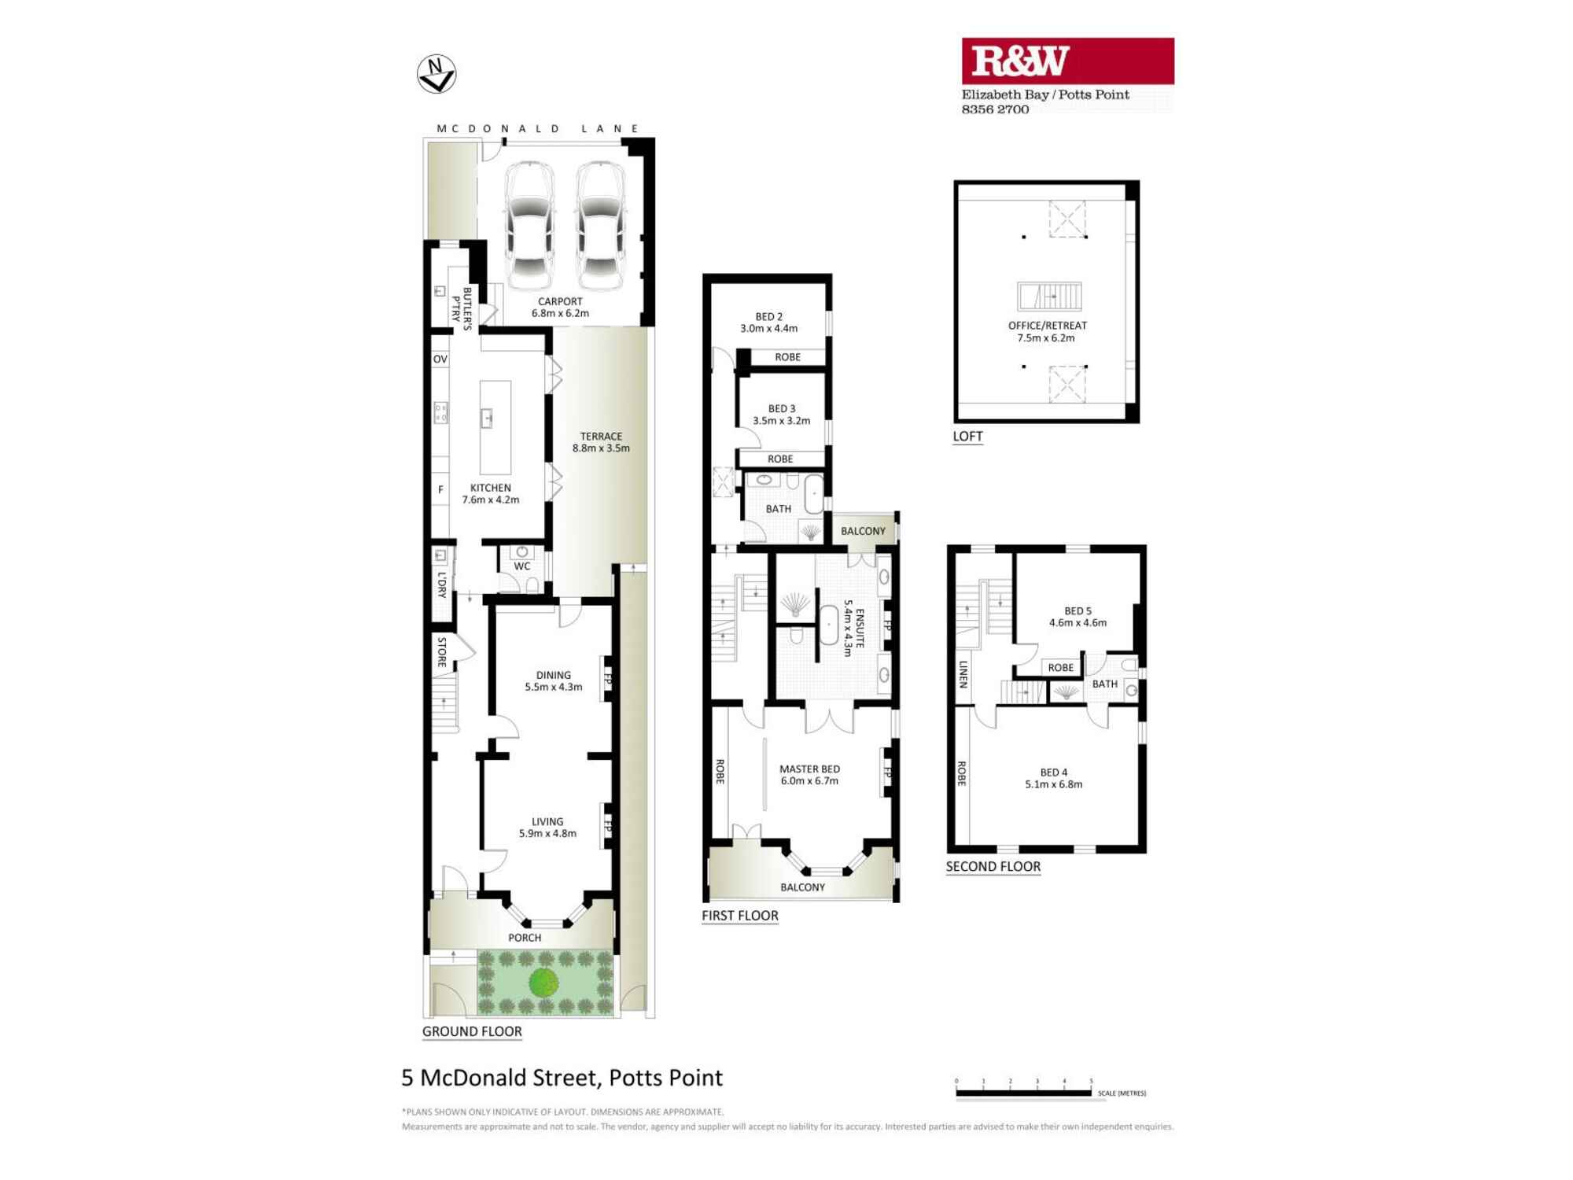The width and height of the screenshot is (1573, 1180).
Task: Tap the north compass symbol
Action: point(437,74)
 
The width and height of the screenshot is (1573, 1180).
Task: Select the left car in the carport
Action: point(529,226)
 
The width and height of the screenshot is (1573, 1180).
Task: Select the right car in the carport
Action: point(602,226)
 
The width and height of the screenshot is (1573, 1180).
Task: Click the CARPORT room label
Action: point(560,302)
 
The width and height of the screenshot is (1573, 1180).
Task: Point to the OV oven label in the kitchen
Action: point(440,360)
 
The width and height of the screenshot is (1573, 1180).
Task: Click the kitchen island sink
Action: point(487,419)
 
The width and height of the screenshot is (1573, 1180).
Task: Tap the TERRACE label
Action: point(601,437)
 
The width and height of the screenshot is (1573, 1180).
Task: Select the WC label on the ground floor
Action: point(522,566)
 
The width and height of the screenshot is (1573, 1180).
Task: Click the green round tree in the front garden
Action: point(543,982)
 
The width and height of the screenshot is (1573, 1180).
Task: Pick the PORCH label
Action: point(525,938)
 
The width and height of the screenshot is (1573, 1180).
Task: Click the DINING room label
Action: point(554,675)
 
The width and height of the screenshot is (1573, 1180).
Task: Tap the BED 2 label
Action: point(768,317)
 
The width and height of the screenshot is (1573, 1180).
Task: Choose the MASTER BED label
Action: point(809,769)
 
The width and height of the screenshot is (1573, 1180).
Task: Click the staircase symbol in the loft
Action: point(1049,297)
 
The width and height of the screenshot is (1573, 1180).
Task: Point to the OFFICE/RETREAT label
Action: point(1047,326)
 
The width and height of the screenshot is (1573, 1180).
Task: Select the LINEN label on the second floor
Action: point(963,674)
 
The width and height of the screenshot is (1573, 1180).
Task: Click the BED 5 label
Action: point(1078,611)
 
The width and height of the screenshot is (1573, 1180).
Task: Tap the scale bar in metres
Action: point(1023,1093)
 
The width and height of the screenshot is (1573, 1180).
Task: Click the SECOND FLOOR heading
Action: point(993,867)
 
